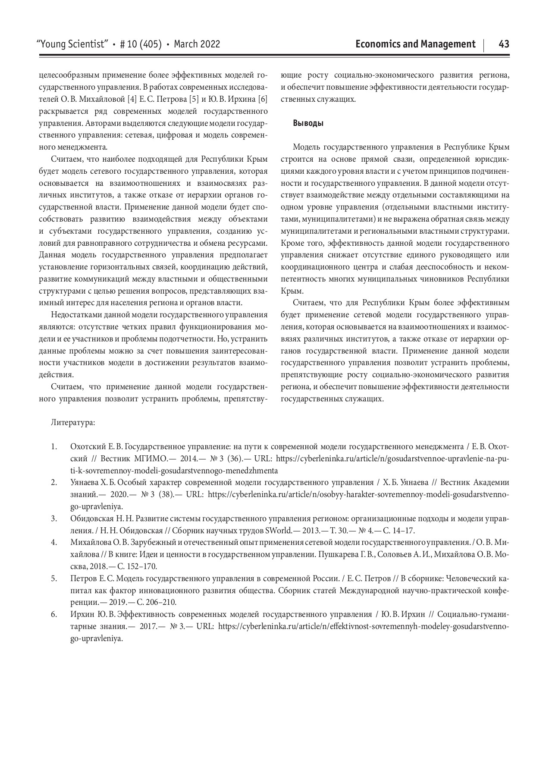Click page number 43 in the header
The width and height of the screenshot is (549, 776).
coord(504,44)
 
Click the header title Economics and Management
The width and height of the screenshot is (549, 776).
coord(415,44)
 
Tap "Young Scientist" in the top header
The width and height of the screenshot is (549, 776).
coord(73,44)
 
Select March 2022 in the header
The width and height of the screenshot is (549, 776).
coord(197,44)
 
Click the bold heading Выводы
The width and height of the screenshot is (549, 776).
coord(308,123)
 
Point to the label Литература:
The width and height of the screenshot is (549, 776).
coord(73,422)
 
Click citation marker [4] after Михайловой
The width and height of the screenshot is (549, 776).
coord(132,100)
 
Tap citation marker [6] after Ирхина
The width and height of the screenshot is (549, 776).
coord(262,100)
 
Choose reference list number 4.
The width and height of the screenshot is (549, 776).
coord(54,542)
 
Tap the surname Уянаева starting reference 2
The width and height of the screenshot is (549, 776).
coord(87,482)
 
